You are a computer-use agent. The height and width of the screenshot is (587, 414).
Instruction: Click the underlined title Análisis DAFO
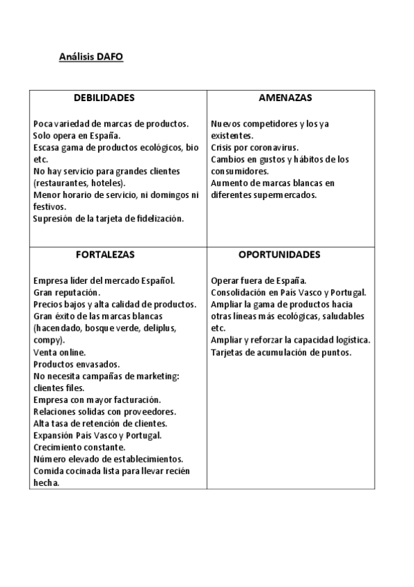coord(91,57)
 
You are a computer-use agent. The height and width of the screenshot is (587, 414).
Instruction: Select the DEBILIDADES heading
coord(104,98)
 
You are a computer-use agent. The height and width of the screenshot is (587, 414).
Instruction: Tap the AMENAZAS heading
coord(285,98)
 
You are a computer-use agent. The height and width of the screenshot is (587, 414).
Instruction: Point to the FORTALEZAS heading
coord(105,255)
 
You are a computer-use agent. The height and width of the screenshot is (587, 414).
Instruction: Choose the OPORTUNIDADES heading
coord(279,255)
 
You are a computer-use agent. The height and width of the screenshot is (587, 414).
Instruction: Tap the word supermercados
coord(283,195)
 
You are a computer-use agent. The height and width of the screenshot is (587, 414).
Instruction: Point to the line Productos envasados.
coord(76,364)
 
